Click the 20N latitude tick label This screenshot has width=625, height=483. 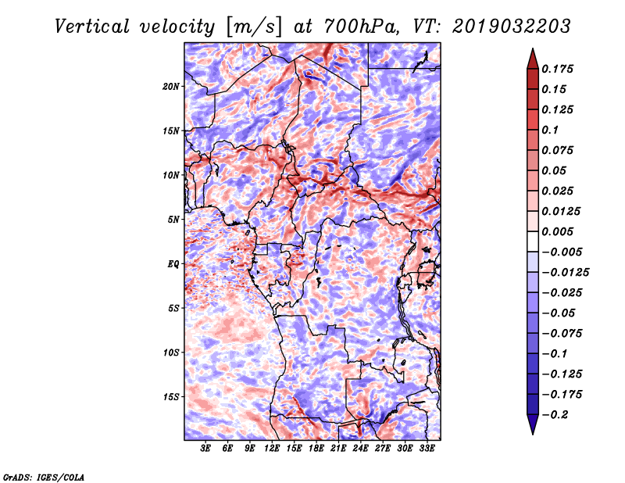click(x=171, y=86)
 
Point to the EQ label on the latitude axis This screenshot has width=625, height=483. click(x=173, y=264)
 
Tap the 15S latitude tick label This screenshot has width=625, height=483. click(x=171, y=397)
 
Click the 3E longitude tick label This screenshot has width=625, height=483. click(x=206, y=449)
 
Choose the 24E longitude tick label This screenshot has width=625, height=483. click(x=359, y=449)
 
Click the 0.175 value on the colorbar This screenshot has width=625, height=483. click(x=559, y=69)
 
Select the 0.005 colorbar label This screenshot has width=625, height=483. click(x=559, y=231)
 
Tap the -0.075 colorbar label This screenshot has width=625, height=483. click(x=562, y=334)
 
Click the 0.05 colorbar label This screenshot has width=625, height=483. click(x=555, y=170)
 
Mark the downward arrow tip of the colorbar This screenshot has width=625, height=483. click(x=532, y=432)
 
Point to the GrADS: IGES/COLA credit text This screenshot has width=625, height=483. click(x=43, y=476)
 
